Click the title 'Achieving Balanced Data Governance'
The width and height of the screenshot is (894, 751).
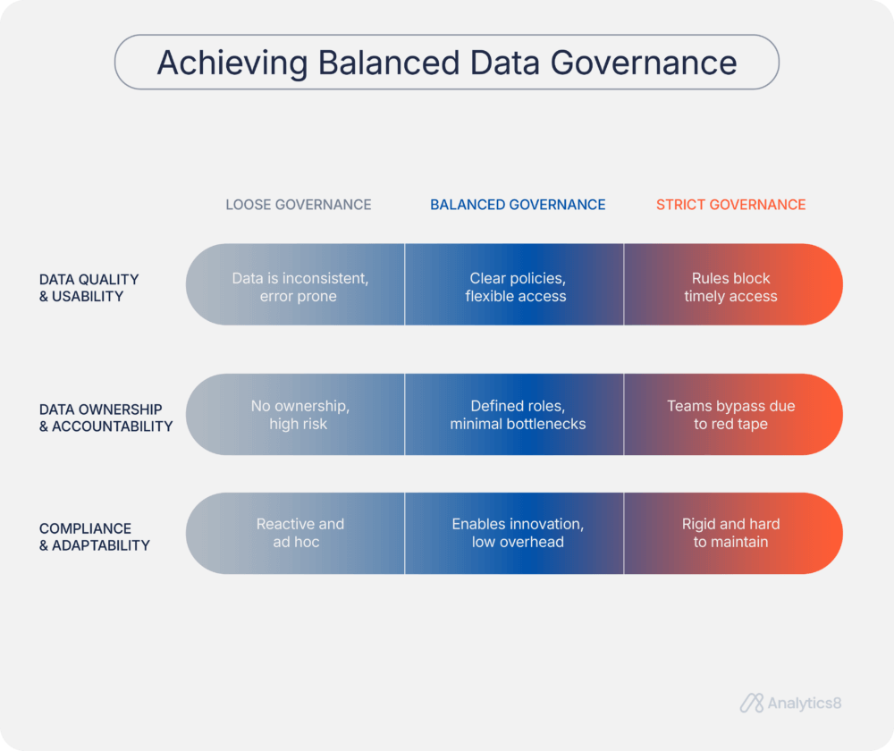click(447, 63)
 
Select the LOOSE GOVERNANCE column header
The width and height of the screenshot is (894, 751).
click(298, 205)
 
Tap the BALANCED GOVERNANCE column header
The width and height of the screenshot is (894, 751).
click(518, 205)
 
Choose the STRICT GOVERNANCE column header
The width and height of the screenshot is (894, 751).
click(730, 205)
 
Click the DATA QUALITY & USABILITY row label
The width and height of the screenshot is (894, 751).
click(89, 288)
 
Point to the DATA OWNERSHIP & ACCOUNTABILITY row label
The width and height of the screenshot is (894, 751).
click(105, 418)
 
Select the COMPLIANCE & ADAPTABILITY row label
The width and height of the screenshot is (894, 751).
click(94, 536)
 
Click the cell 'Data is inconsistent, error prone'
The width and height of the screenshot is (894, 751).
click(299, 287)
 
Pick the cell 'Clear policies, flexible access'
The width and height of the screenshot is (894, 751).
click(516, 287)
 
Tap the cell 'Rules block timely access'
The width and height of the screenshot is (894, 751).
click(730, 287)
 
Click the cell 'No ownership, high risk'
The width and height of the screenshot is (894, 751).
click(299, 415)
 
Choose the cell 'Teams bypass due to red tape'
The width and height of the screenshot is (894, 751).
click(730, 415)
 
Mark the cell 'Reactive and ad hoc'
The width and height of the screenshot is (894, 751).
click(299, 533)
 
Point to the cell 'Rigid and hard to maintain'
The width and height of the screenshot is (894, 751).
click(730, 533)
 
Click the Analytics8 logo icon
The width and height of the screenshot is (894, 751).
click(751, 704)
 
